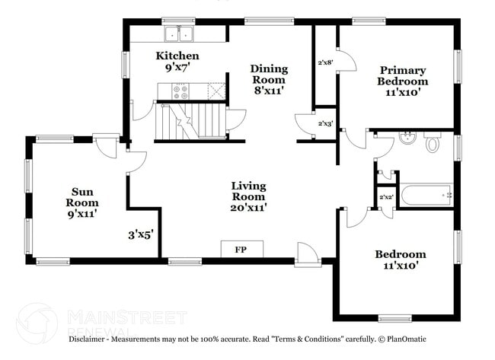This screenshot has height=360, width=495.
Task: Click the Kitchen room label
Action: (177, 62)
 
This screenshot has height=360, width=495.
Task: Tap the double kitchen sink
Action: (180, 33)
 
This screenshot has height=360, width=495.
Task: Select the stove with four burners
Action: (181, 92)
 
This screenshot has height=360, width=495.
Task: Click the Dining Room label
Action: (269, 79)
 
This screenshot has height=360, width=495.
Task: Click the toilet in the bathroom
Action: (433, 142)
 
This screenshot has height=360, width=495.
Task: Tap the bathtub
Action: (426, 195)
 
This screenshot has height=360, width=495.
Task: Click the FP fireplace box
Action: (240, 250)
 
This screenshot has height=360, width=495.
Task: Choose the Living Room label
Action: (249, 196)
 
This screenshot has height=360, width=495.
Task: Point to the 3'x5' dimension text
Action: (141, 235)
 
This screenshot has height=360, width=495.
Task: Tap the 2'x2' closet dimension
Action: (387, 197)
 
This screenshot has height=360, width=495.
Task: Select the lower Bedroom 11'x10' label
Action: (400, 260)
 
